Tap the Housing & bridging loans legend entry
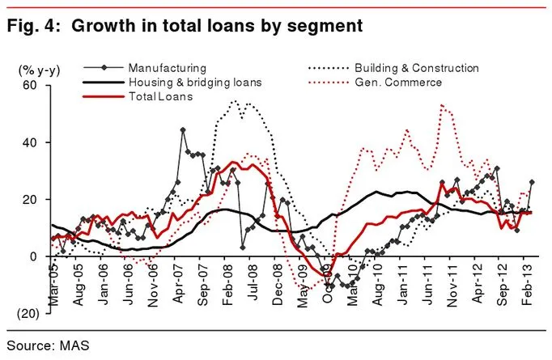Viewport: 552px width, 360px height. click(193, 83)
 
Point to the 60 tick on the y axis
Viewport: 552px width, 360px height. click(31, 85)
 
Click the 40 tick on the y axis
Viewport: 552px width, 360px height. click(31, 142)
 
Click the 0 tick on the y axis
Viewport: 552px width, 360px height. click(34, 256)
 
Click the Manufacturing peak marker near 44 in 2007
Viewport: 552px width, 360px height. click(183, 129)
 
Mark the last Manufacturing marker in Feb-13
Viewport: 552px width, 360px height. click(532, 182)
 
